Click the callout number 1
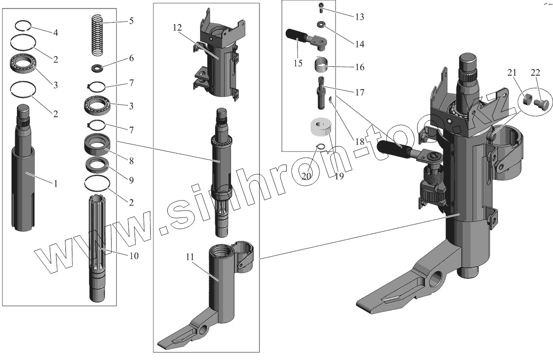click(x=56, y=183)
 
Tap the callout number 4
click(x=55, y=33)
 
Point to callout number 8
click(x=131, y=161)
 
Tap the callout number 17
click(x=359, y=93)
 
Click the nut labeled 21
click(x=528, y=100)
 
